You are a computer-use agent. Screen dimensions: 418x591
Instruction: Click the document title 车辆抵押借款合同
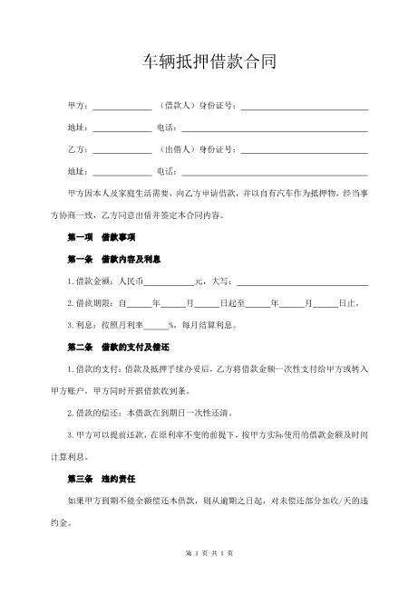click(209, 62)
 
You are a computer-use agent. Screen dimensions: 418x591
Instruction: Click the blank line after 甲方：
click(122, 107)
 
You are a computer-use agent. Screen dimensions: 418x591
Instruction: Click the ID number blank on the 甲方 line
click(303, 107)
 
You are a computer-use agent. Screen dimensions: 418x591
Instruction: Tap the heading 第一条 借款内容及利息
click(113, 259)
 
